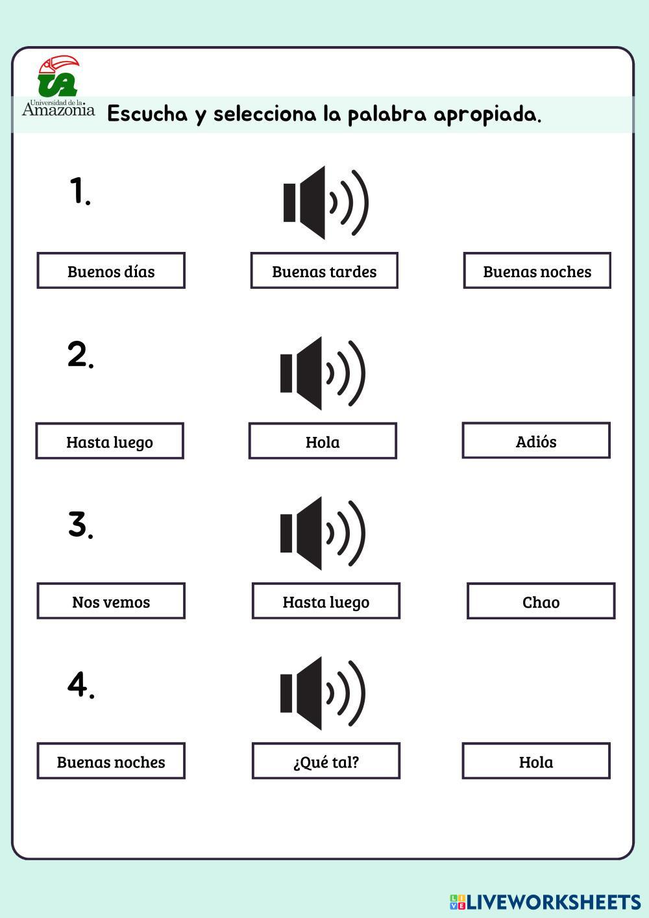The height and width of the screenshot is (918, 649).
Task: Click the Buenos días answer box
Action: (111, 271)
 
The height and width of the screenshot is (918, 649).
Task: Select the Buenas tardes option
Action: (324, 271)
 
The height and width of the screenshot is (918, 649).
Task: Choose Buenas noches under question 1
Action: (537, 271)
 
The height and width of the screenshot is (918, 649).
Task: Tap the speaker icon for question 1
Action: (326, 203)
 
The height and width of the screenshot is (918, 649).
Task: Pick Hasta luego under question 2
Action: (110, 441)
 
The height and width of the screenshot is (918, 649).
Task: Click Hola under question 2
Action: (323, 441)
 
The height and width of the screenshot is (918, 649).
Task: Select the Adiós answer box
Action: (536, 440)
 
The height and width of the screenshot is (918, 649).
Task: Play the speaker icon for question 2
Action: (323, 373)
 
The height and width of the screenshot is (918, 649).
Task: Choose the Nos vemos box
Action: (111, 601)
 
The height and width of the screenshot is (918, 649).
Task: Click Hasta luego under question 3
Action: (326, 601)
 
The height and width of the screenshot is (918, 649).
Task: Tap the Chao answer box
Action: (541, 601)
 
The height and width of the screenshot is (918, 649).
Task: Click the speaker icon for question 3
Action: (323, 533)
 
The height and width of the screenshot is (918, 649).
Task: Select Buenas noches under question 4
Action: (111, 761)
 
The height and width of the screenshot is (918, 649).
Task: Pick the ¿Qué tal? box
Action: (326, 761)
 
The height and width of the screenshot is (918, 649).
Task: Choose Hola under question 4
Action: (536, 761)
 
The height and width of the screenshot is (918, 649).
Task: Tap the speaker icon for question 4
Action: (323, 693)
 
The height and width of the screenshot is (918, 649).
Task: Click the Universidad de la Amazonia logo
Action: (58, 86)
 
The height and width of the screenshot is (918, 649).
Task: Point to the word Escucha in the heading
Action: (147, 114)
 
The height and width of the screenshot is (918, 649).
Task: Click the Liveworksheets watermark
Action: (545, 902)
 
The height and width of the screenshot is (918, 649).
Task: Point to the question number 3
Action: (80, 525)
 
